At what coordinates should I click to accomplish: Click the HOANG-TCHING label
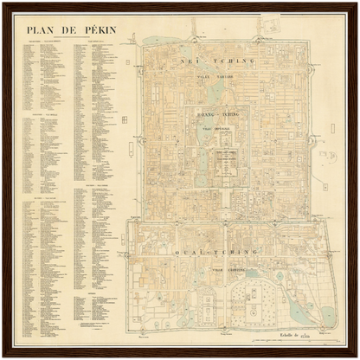click(215, 112)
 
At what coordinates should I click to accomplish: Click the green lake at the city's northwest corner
click(156, 40)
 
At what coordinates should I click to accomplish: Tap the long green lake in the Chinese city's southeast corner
click(296, 306)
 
